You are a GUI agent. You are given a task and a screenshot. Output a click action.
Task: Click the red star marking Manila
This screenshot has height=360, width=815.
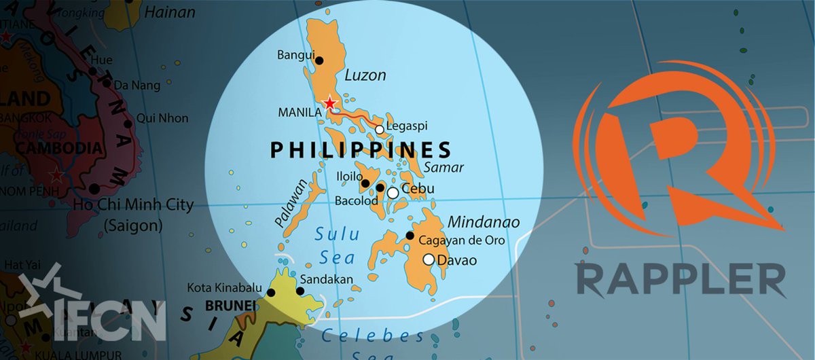(330, 103)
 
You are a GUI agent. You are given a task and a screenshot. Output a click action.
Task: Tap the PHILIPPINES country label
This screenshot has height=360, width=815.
(361, 149)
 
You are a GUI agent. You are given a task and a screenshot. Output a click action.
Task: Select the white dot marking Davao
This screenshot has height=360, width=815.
(429, 259)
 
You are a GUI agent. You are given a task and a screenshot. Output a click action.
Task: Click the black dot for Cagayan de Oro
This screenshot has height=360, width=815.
(410, 236)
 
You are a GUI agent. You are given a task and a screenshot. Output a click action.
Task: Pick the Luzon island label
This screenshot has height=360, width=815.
(365, 75)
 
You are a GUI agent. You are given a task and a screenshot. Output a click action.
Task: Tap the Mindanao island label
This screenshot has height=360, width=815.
(483, 222)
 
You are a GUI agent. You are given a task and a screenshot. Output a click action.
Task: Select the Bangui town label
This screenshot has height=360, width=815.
(293, 55)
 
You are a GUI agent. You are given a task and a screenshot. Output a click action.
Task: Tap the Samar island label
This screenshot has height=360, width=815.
(443, 167)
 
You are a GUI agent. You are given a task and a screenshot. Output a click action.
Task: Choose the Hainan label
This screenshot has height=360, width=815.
(170, 12)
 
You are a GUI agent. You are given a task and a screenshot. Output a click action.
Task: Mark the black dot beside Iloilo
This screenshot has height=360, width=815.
(365, 183)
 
